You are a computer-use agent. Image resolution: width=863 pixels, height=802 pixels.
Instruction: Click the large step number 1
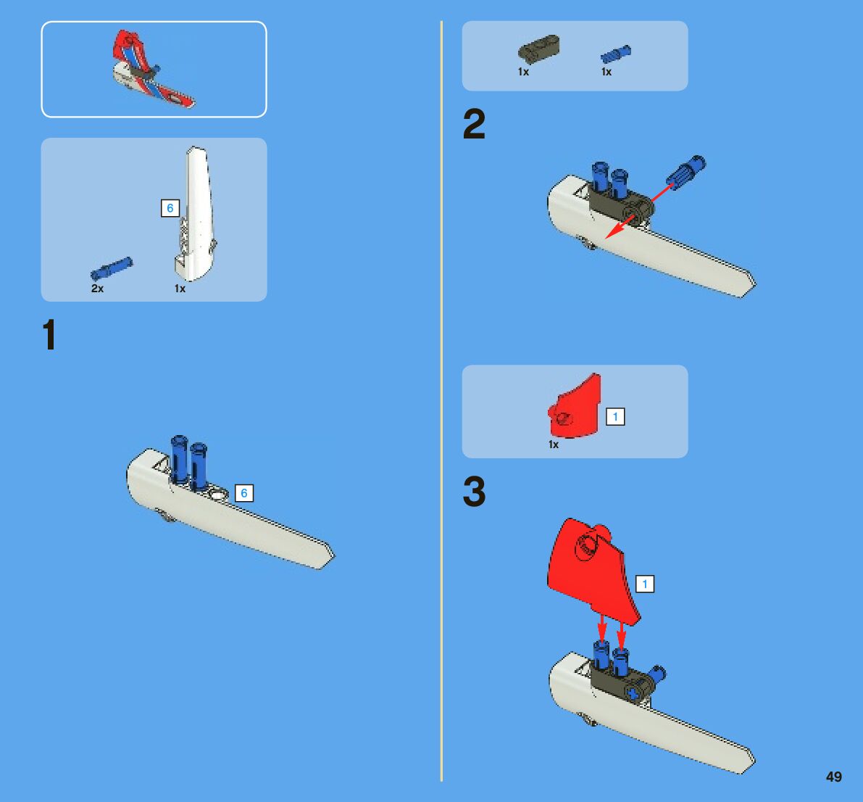[49, 334]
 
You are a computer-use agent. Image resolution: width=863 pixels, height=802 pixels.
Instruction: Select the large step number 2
[474, 123]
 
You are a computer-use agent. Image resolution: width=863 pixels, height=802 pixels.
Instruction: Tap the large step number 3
[474, 491]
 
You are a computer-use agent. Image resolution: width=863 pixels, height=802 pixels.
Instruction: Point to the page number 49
[834, 777]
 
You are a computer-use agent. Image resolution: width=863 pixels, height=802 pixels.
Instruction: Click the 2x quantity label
[97, 289]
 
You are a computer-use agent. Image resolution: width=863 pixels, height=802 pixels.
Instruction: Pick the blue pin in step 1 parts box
[112, 269]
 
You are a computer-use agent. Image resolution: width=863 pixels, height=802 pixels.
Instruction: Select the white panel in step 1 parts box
[196, 214]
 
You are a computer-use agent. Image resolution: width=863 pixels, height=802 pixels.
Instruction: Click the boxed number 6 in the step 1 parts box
[170, 208]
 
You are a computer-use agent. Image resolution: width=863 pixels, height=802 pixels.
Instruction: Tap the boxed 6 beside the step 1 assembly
[243, 493]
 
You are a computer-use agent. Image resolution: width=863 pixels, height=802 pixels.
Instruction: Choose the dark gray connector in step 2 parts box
[538, 49]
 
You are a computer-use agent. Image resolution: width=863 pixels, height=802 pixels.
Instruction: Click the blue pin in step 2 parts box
[616, 54]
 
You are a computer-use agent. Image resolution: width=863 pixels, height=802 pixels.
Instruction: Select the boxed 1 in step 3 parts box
[615, 417]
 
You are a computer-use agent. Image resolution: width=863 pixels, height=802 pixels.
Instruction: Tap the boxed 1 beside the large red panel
[645, 584]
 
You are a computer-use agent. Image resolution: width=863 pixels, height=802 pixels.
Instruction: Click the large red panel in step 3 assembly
[592, 570]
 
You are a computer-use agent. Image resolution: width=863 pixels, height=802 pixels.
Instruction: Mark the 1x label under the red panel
[554, 445]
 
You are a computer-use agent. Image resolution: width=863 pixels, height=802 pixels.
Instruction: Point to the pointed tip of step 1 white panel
[333, 555]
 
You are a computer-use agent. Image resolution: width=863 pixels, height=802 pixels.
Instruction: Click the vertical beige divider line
[441, 401]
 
